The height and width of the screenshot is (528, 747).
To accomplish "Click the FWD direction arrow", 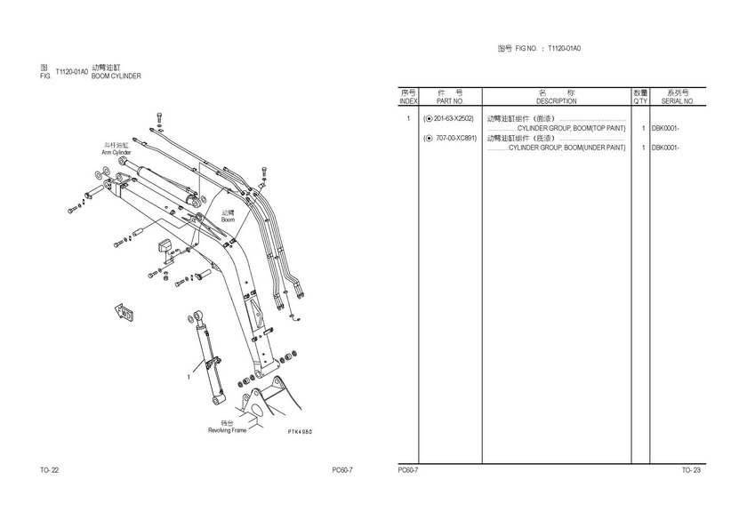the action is [124, 312].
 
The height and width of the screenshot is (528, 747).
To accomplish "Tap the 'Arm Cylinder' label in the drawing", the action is [116, 152].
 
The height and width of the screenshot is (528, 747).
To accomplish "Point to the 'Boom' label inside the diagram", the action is [229, 220].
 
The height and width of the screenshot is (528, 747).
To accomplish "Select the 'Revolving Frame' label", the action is [228, 430].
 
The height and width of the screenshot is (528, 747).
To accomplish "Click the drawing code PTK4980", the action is [300, 432].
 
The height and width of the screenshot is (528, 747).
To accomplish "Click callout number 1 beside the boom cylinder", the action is [189, 377].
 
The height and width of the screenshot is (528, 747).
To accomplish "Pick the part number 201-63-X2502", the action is [453, 118].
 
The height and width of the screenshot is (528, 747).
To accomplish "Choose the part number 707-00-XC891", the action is [456, 138].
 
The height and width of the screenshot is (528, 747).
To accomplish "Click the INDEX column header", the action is [408, 101].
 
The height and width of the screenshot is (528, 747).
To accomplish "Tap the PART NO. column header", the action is [450, 101].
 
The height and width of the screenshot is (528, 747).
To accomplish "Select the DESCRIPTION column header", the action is [556, 101].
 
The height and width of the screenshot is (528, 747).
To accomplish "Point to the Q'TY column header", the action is [641, 101].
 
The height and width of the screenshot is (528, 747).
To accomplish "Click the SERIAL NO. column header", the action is [678, 101].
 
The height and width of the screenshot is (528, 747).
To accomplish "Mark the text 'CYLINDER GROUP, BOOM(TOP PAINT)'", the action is [571, 129].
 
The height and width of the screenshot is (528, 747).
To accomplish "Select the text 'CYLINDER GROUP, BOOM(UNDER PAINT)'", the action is [567, 148].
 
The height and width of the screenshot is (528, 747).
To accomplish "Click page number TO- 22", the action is [50, 470].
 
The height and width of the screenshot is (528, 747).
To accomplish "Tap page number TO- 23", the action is [691, 470].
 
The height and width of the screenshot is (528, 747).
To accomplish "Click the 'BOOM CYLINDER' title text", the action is [116, 76].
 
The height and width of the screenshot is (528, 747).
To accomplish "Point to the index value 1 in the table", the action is [408, 118].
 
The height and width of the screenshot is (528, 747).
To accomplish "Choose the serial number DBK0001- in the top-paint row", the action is [665, 129].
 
